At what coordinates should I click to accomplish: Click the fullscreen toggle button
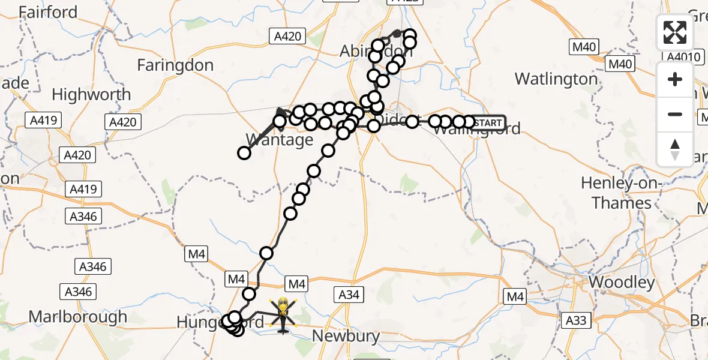pos(675,33)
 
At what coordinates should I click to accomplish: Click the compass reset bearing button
pos(675,149)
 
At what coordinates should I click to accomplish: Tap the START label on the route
pos(488,123)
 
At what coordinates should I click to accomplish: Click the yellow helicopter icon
pos(283,313)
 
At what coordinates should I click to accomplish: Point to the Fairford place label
pos(48,12)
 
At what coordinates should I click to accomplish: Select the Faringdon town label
pos(175,65)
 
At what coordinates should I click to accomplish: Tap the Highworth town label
pos(91,95)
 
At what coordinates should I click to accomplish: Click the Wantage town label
pos(280,140)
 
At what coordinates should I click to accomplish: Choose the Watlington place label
pos(556,79)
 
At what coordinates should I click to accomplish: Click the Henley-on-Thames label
pos(622,193)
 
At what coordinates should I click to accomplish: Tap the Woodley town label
pos(622,282)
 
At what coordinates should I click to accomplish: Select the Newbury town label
pos(346,336)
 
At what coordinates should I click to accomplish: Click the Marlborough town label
pos(78,317)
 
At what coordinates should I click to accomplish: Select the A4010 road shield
pos(683,57)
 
